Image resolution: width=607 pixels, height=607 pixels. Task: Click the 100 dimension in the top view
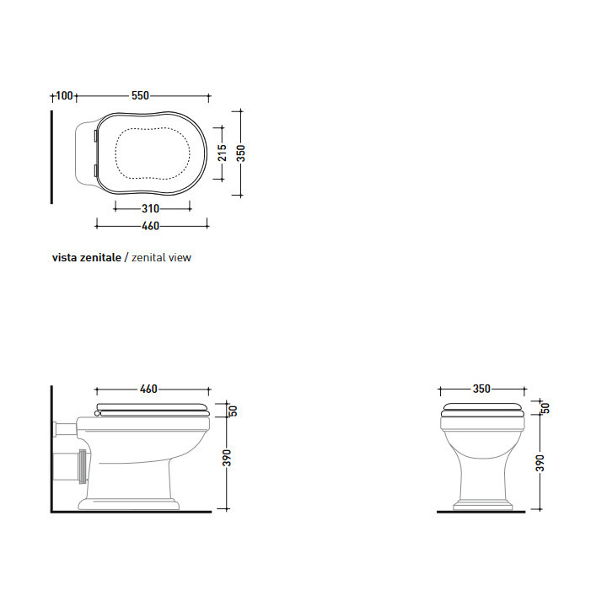[64, 95]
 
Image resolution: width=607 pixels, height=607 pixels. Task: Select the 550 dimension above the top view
[140, 95]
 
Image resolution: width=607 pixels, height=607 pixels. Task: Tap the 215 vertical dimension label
[223, 153]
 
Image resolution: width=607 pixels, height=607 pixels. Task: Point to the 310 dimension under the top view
[151, 208]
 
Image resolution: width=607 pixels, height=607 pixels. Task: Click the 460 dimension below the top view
[150, 225]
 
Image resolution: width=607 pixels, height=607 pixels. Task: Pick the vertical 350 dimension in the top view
[241, 153]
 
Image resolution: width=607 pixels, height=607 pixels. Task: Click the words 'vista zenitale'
[87, 257]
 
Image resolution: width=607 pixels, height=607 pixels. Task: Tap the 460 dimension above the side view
[148, 389]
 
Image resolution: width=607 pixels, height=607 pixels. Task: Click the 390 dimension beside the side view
[226, 459]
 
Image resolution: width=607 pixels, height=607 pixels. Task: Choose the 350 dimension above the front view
[481, 389]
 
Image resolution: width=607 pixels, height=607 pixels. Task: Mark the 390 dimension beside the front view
[541, 463]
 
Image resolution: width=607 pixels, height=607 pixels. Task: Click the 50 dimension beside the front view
[544, 408]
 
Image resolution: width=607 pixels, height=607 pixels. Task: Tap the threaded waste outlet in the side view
[79, 464]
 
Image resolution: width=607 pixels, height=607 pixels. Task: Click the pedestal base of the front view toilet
[482, 506]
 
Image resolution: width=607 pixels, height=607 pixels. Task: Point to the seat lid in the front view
[482, 411]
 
